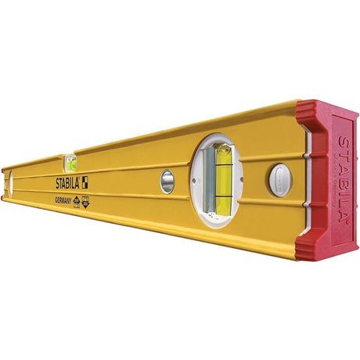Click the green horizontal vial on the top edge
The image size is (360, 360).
click(x=71, y=164)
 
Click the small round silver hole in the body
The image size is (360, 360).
click(x=167, y=182)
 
